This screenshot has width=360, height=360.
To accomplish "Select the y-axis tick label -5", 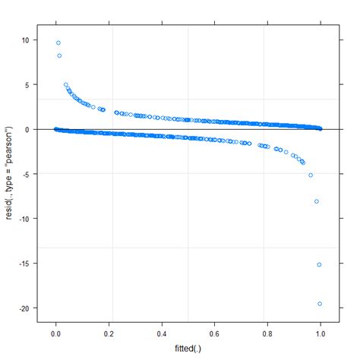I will pos(26,174).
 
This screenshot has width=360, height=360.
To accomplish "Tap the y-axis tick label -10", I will pos(24,219).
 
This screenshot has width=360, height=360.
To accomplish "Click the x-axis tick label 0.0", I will pos(55,334).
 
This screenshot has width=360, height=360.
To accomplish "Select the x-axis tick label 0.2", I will pos(109,334).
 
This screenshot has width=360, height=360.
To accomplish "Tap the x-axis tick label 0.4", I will pos(162,334).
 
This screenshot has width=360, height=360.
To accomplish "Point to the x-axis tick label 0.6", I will pos(215,334).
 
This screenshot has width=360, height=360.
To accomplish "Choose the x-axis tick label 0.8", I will pos(268,334).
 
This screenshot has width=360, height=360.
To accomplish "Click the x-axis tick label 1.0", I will pos(321,334).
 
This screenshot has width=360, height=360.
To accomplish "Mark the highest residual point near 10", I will pos(58,43).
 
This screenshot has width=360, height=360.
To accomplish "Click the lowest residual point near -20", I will pos(320,304).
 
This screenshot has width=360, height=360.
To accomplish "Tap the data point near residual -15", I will pos(319,264).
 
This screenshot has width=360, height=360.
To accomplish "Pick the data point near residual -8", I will pos(317,201).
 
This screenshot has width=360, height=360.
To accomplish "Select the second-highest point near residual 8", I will pos(59,55).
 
